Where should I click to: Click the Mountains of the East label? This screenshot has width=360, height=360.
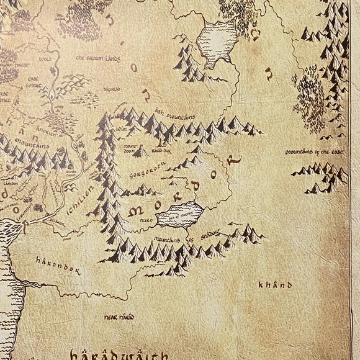click(x=315, y=151)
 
